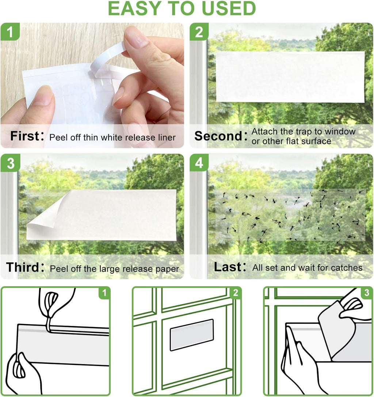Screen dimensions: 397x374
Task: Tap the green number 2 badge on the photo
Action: click(199, 32)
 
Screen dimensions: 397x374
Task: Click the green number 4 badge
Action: click(199, 163)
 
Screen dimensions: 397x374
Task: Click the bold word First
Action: click(24, 136)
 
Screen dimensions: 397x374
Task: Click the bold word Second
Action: click(218, 136)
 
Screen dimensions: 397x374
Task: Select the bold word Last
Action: click(228, 267)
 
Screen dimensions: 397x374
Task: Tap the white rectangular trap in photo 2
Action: click(290, 77)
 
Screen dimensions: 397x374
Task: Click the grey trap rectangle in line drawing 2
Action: click(191, 334)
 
